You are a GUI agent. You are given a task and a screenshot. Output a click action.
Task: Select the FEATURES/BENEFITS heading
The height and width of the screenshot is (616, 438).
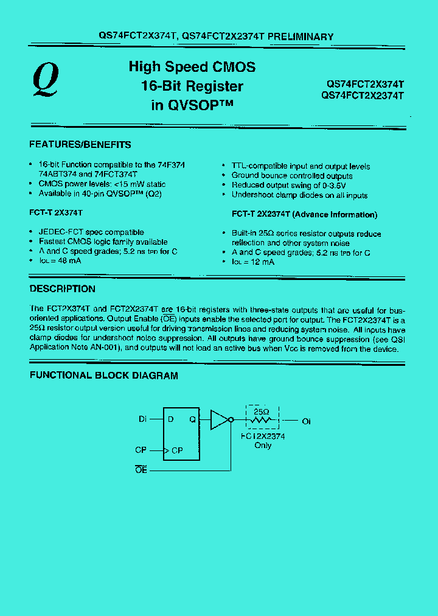[80, 145]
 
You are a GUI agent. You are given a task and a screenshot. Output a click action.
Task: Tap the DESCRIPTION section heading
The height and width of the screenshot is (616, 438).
[63, 289]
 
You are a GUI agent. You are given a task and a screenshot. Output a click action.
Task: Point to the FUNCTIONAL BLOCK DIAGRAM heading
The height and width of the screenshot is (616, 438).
[104, 376]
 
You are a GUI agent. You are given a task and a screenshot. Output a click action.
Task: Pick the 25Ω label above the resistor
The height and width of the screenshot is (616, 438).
[260, 411]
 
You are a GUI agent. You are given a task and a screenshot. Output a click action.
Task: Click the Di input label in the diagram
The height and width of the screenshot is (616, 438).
[143, 419]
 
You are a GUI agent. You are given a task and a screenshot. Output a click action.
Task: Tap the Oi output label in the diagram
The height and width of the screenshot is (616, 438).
[306, 421]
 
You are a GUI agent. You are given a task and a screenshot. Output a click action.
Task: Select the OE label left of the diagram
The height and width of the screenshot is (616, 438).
[142, 471]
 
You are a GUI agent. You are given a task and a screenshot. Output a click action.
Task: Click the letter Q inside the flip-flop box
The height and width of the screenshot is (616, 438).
[192, 419]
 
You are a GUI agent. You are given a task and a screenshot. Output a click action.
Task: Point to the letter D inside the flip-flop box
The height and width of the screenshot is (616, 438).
[171, 419]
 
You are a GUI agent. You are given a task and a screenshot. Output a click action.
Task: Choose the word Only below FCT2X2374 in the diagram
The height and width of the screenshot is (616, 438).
[263, 446]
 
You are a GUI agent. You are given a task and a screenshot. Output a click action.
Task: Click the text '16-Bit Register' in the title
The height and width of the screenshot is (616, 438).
[192, 86]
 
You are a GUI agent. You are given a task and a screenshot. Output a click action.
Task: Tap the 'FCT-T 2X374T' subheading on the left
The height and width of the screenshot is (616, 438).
[56, 214]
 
